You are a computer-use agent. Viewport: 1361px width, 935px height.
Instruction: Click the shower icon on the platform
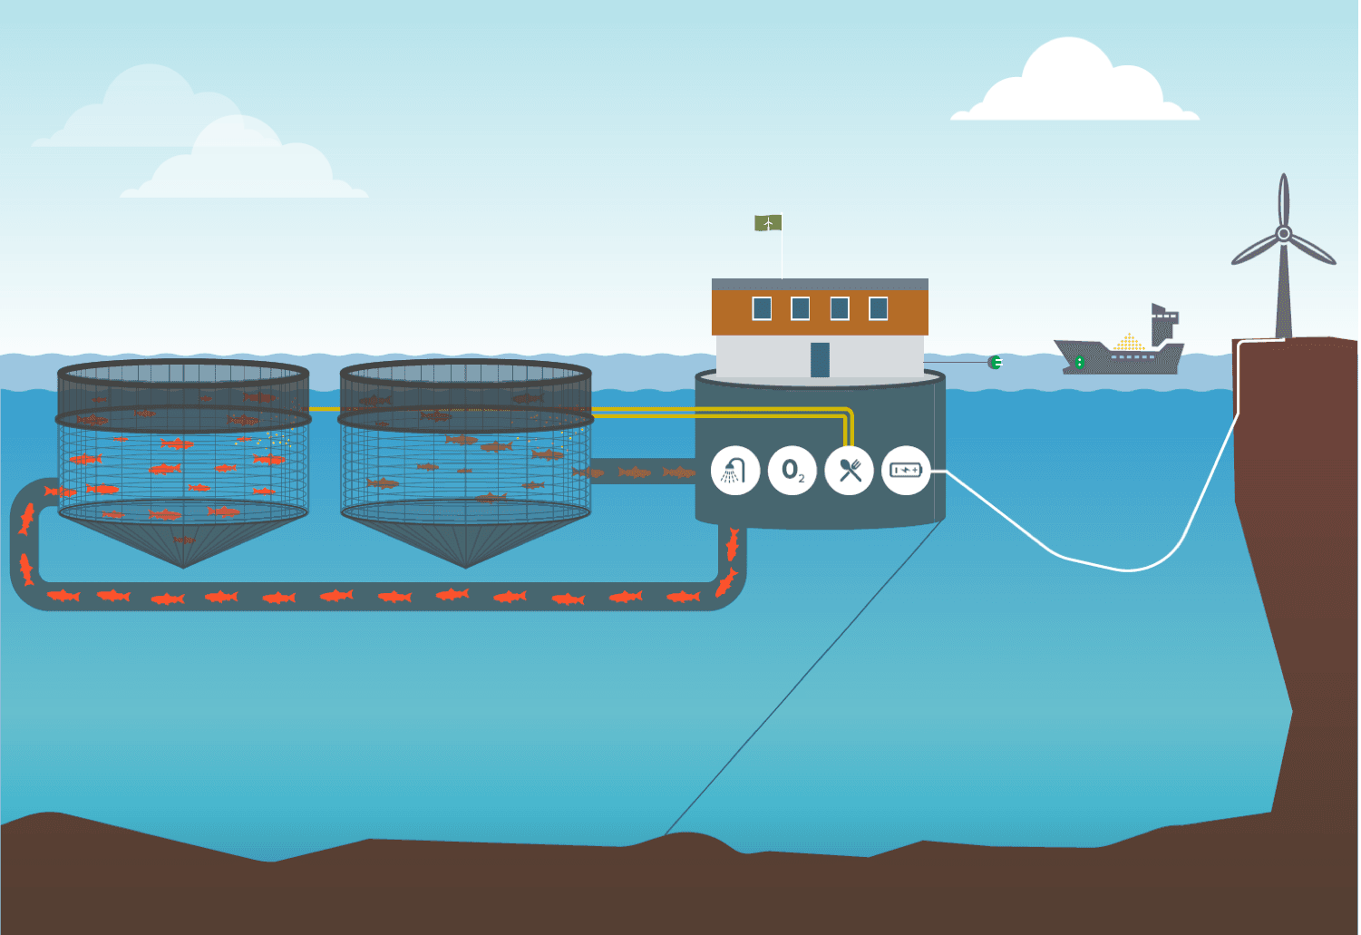(734, 470)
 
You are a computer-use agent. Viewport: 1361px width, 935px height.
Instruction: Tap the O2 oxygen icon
(792, 470)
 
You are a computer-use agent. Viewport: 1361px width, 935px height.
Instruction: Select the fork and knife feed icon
(849, 470)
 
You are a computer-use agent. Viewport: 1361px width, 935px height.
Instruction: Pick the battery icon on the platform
(906, 470)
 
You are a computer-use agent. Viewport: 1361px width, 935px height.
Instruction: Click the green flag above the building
(768, 222)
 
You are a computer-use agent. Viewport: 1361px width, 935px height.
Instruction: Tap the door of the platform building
(820, 359)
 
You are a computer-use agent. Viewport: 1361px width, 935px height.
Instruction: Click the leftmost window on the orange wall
(762, 308)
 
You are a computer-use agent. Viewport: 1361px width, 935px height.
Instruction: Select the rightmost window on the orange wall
(878, 308)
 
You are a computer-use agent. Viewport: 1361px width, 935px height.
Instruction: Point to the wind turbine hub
(1283, 234)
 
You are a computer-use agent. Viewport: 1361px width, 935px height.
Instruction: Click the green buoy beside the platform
(995, 363)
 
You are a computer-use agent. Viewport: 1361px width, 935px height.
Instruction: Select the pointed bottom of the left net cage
(183, 563)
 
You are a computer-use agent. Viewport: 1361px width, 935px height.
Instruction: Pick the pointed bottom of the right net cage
(465, 563)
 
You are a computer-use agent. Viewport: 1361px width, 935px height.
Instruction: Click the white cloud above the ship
(1074, 86)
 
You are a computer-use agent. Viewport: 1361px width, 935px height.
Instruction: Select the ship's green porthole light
(1079, 363)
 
